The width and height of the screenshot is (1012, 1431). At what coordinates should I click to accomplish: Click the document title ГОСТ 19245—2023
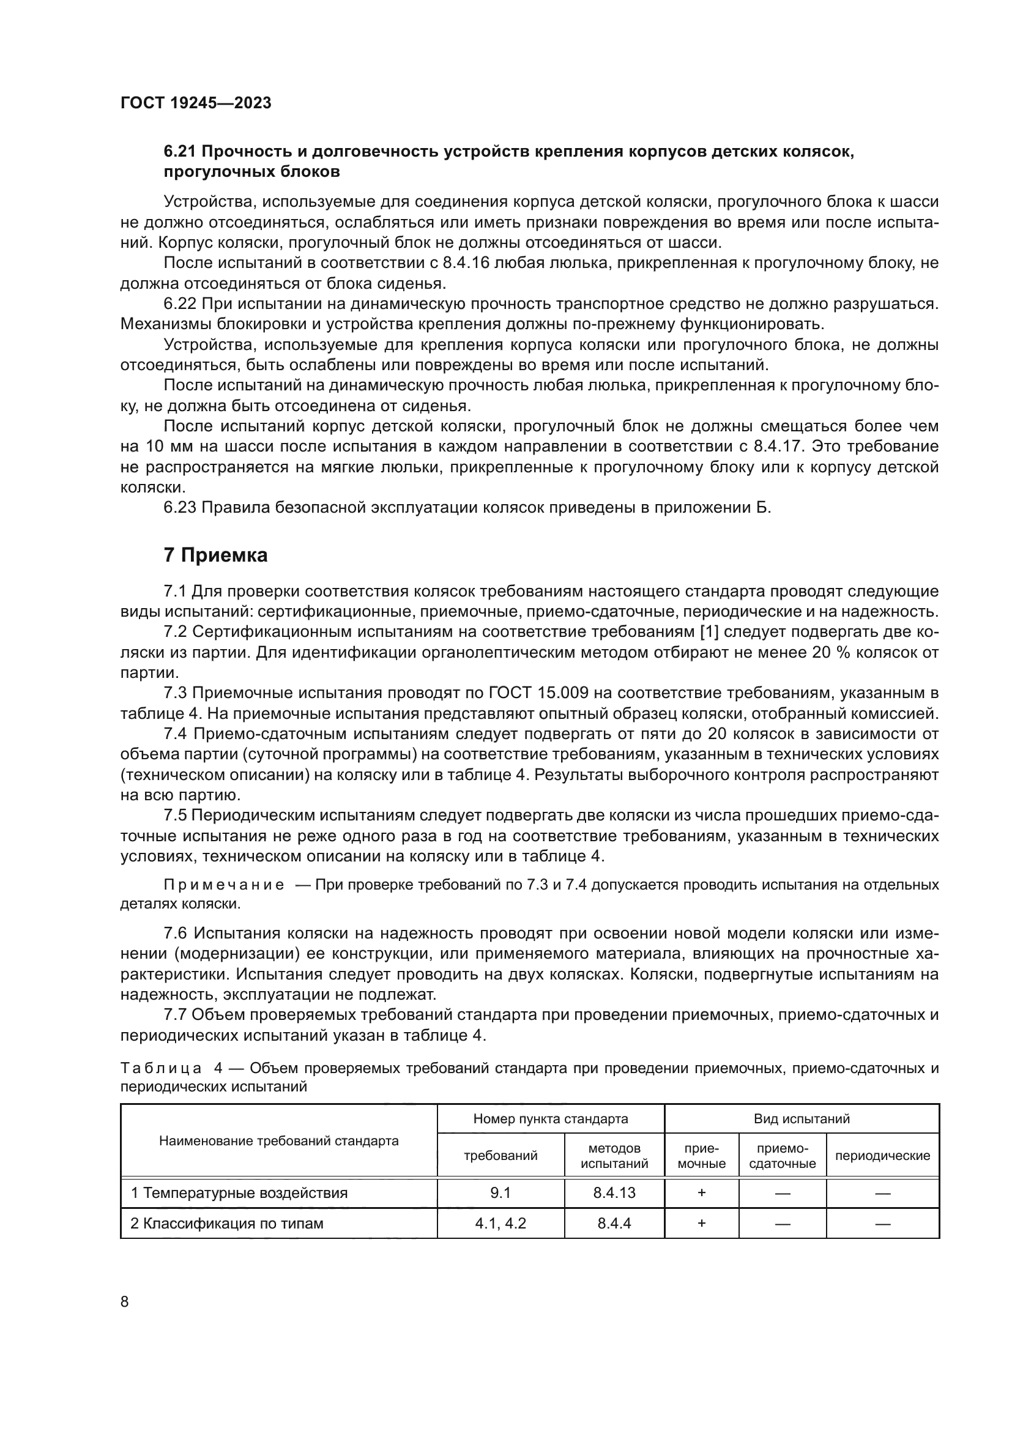196,103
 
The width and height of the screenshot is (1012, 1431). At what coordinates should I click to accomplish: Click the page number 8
125,1301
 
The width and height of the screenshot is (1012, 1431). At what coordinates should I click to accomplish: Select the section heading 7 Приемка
215,555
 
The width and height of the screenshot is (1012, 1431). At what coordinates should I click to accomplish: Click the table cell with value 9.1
500,1193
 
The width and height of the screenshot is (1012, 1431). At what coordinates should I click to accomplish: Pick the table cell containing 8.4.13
614,1193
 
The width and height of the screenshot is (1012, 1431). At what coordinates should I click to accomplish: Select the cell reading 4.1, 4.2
500,1224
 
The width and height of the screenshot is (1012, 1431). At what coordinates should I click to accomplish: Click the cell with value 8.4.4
614,1224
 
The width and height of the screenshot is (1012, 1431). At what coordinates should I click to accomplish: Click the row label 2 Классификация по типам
227,1224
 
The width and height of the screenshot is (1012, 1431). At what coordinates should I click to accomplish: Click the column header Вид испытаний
802,1119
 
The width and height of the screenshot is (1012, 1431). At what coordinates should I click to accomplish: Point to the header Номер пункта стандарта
550,1119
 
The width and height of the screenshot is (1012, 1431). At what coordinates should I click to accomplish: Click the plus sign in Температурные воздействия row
701,1193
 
